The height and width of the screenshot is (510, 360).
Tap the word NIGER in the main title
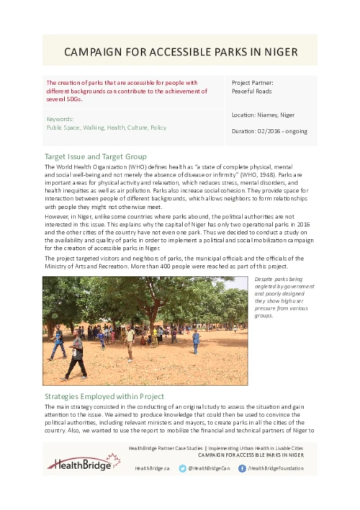click(277, 53)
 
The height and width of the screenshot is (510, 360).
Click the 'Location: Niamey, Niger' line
click(263, 115)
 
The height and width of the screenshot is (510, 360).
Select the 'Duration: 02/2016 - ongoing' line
click(269, 131)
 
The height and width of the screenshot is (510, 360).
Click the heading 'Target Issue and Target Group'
click(96, 156)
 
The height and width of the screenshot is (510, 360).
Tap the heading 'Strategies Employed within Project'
click(104, 396)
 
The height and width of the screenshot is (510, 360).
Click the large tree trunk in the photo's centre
click(144, 317)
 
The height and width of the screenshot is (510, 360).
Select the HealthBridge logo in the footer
click(83, 462)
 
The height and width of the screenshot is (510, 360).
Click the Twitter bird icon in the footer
click(183, 468)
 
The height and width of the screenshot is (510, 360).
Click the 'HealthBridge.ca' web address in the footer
click(152, 468)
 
